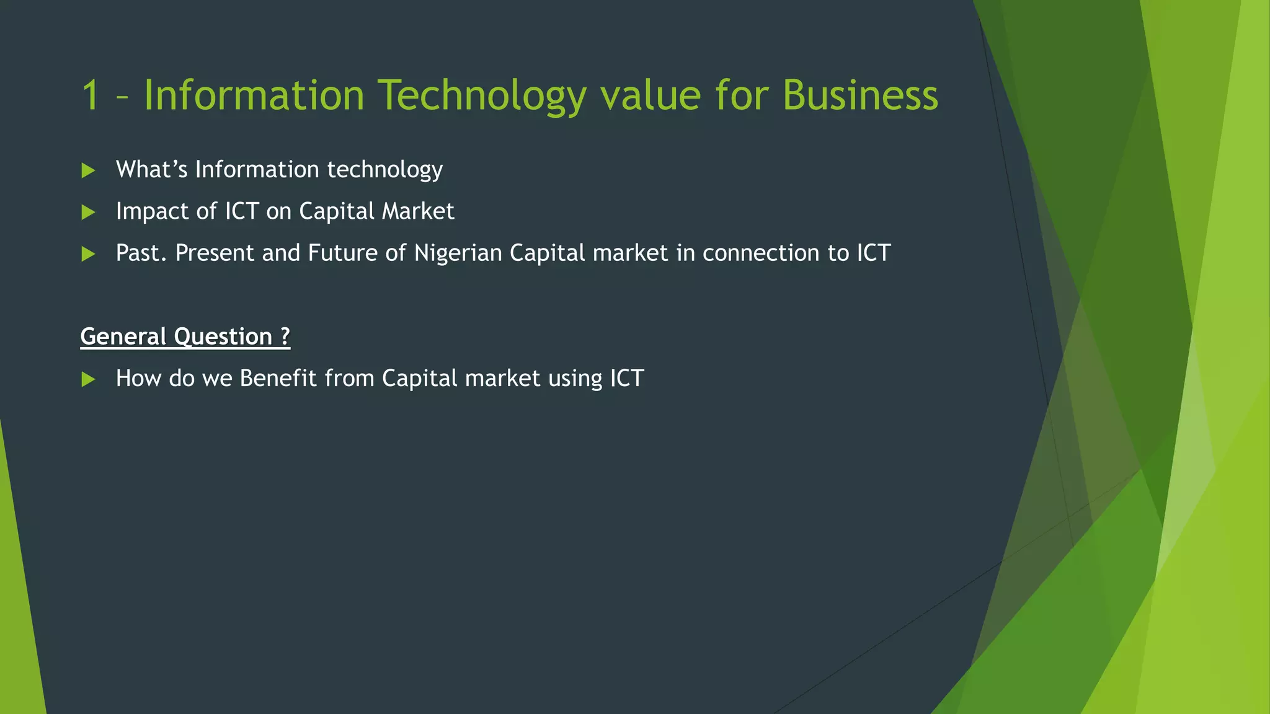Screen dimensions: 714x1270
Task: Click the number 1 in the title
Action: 91,96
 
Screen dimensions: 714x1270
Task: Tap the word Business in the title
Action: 860,96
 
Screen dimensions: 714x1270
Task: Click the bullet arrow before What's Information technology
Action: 88,170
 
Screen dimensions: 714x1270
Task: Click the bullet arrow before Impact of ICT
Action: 88,213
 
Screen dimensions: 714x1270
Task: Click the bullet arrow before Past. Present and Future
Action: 88,254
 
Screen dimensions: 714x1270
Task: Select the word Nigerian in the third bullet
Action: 458,253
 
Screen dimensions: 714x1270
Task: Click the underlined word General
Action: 123,337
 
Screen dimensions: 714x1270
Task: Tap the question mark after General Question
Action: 285,337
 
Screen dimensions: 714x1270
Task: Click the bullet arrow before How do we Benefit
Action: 88,379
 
